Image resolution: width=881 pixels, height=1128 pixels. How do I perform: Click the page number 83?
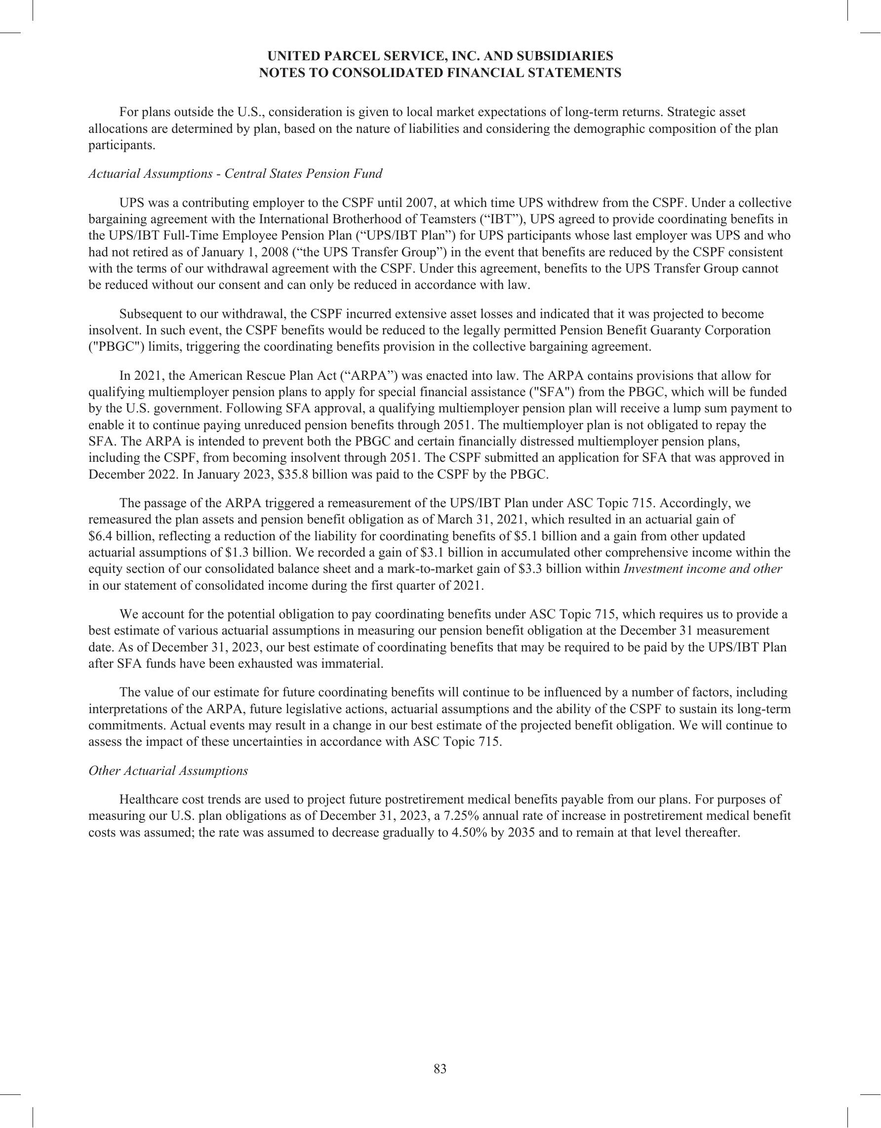pyautogui.click(x=440, y=1069)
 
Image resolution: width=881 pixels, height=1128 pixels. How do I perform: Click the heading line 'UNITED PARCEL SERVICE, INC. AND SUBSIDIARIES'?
pyautogui.click(x=440, y=56)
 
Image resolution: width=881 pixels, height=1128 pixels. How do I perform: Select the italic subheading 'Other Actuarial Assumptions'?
pyautogui.click(x=168, y=770)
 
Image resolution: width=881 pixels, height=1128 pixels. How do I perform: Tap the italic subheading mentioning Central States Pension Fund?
pyautogui.click(x=236, y=173)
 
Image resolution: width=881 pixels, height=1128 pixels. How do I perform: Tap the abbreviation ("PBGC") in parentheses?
pyautogui.click(x=115, y=346)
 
